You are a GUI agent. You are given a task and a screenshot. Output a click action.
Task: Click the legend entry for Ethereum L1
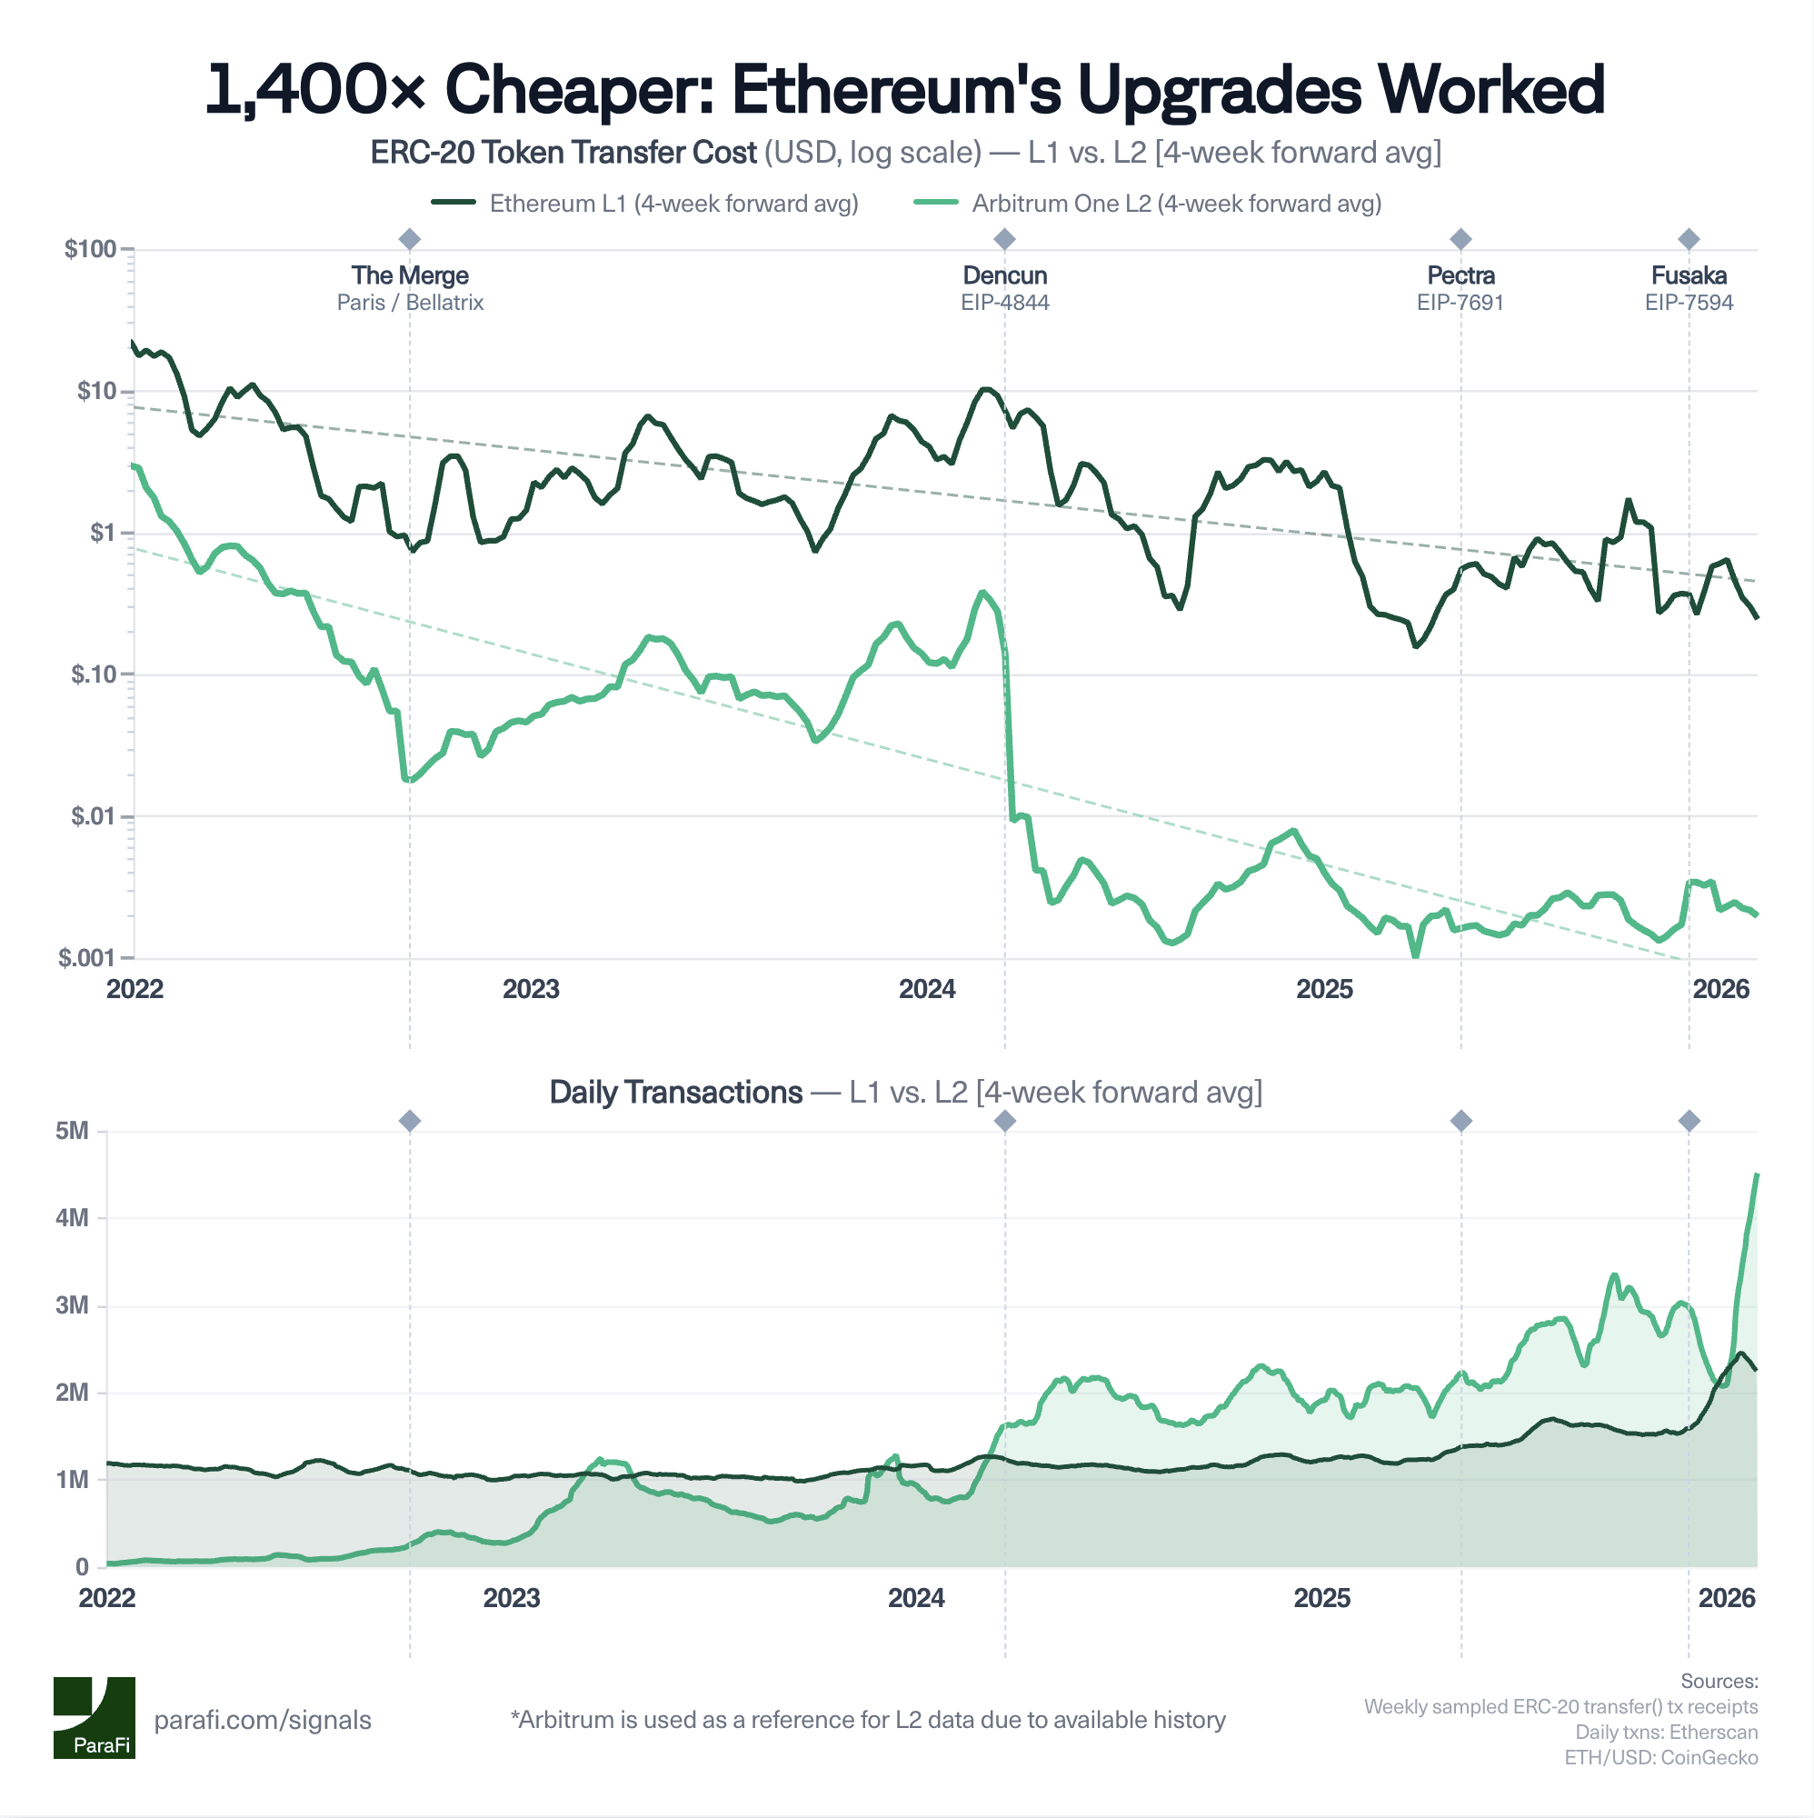click(x=644, y=204)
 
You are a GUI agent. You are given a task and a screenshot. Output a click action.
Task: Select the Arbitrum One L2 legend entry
click(x=1147, y=204)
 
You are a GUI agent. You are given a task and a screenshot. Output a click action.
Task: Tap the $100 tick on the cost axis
click(x=90, y=249)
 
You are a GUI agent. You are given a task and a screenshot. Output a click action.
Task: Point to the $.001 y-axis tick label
click(x=86, y=958)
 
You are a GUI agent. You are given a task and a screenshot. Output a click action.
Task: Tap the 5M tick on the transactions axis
click(x=72, y=1130)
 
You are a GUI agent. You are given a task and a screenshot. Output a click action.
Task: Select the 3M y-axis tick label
click(x=72, y=1305)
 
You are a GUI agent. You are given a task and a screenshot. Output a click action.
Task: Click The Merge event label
click(x=409, y=275)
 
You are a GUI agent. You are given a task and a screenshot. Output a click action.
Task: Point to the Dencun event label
click(x=1004, y=275)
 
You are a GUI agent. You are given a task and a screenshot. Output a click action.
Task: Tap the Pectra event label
click(x=1460, y=275)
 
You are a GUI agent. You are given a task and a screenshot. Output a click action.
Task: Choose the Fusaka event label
click(x=1688, y=275)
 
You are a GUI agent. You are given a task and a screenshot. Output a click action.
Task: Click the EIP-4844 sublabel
click(x=1004, y=303)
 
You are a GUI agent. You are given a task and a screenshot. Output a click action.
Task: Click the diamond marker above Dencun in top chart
click(x=1004, y=239)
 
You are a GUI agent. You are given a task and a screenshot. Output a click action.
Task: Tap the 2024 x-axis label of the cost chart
click(x=927, y=989)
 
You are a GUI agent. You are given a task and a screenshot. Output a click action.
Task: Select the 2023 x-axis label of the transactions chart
click(x=511, y=1598)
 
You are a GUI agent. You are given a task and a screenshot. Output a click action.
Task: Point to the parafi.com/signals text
click(x=263, y=1720)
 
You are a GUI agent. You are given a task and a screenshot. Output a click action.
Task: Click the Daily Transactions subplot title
click(x=674, y=1092)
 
